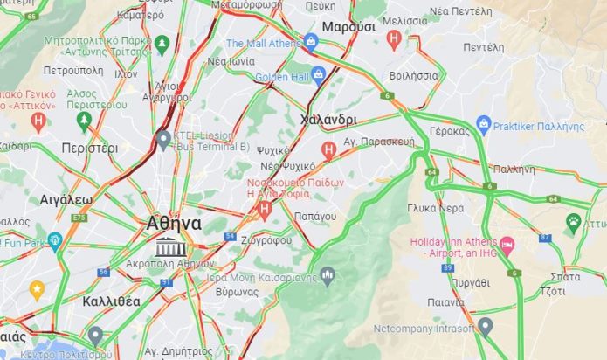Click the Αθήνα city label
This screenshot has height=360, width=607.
174,223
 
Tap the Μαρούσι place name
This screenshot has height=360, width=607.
348,27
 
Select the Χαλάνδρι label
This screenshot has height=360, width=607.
328,120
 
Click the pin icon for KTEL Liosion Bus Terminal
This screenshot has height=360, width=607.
163,138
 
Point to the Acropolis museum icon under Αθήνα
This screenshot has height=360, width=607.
164,247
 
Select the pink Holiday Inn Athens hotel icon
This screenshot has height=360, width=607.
507,241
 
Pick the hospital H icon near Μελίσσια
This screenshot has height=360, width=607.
394,38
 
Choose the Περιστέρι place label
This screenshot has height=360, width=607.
89,149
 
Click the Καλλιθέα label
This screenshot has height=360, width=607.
111,301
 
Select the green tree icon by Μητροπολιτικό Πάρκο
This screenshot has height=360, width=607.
162,41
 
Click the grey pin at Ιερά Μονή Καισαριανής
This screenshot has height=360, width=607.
328,276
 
